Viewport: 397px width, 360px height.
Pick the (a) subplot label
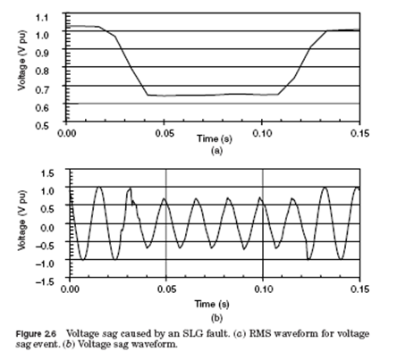coord(214,153)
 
